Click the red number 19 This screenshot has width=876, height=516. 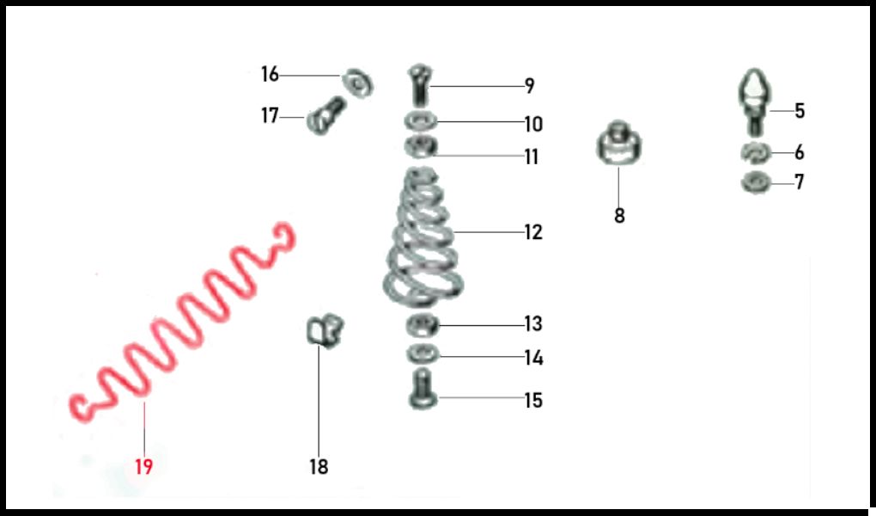143,466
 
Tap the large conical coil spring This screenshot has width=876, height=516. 423,238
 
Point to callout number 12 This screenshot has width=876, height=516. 533,232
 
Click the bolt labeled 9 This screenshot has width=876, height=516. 419,86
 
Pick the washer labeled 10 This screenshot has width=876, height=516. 421,121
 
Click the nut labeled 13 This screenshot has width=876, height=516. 423,325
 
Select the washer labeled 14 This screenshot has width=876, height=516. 423,354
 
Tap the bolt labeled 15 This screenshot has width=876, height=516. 423,390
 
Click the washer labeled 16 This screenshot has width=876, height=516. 358,83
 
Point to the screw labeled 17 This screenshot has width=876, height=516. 326,116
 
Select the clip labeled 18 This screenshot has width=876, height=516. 325,331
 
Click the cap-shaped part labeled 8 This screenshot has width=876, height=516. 618,144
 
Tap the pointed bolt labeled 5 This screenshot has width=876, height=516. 755,101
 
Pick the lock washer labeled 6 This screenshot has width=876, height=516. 756,153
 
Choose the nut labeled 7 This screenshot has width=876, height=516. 756,182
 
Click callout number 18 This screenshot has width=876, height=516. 319,466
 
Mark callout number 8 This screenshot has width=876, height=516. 619,216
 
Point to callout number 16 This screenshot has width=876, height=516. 270,74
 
